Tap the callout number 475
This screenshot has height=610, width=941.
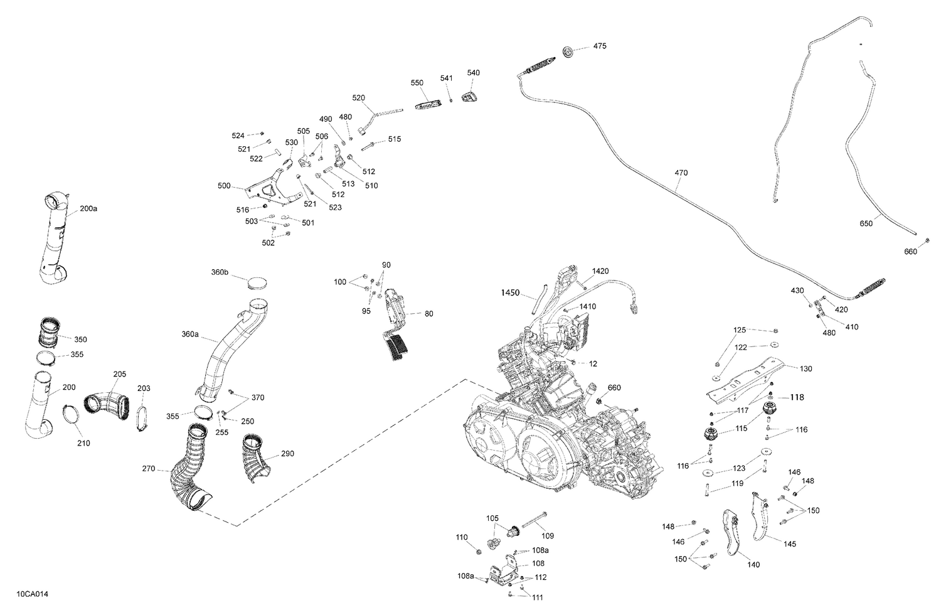pyautogui.click(x=600, y=46)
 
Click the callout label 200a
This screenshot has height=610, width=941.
pyautogui.click(x=88, y=208)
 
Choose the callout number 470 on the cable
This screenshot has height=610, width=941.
pyautogui.click(x=681, y=173)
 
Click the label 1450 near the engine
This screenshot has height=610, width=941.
pyautogui.click(x=511, y=292)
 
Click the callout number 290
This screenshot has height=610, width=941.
pyautogui.click(x=287, y=454)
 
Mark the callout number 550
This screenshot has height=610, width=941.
pyautogui.click(x=417, y=83)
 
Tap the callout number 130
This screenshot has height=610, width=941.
pyautogui.click(x=805, y=369)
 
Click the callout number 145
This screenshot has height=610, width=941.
pyautogui.click(x=790, y=544)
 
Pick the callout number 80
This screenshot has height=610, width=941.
pyautogui.click(x=428, y=314)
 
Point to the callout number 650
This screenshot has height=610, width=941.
pyautogui.click(x=866, y=223)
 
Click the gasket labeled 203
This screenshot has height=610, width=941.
pyautogui.click(x=141, y=419)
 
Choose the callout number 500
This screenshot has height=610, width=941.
pyautogui.click(x=224, y=186)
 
